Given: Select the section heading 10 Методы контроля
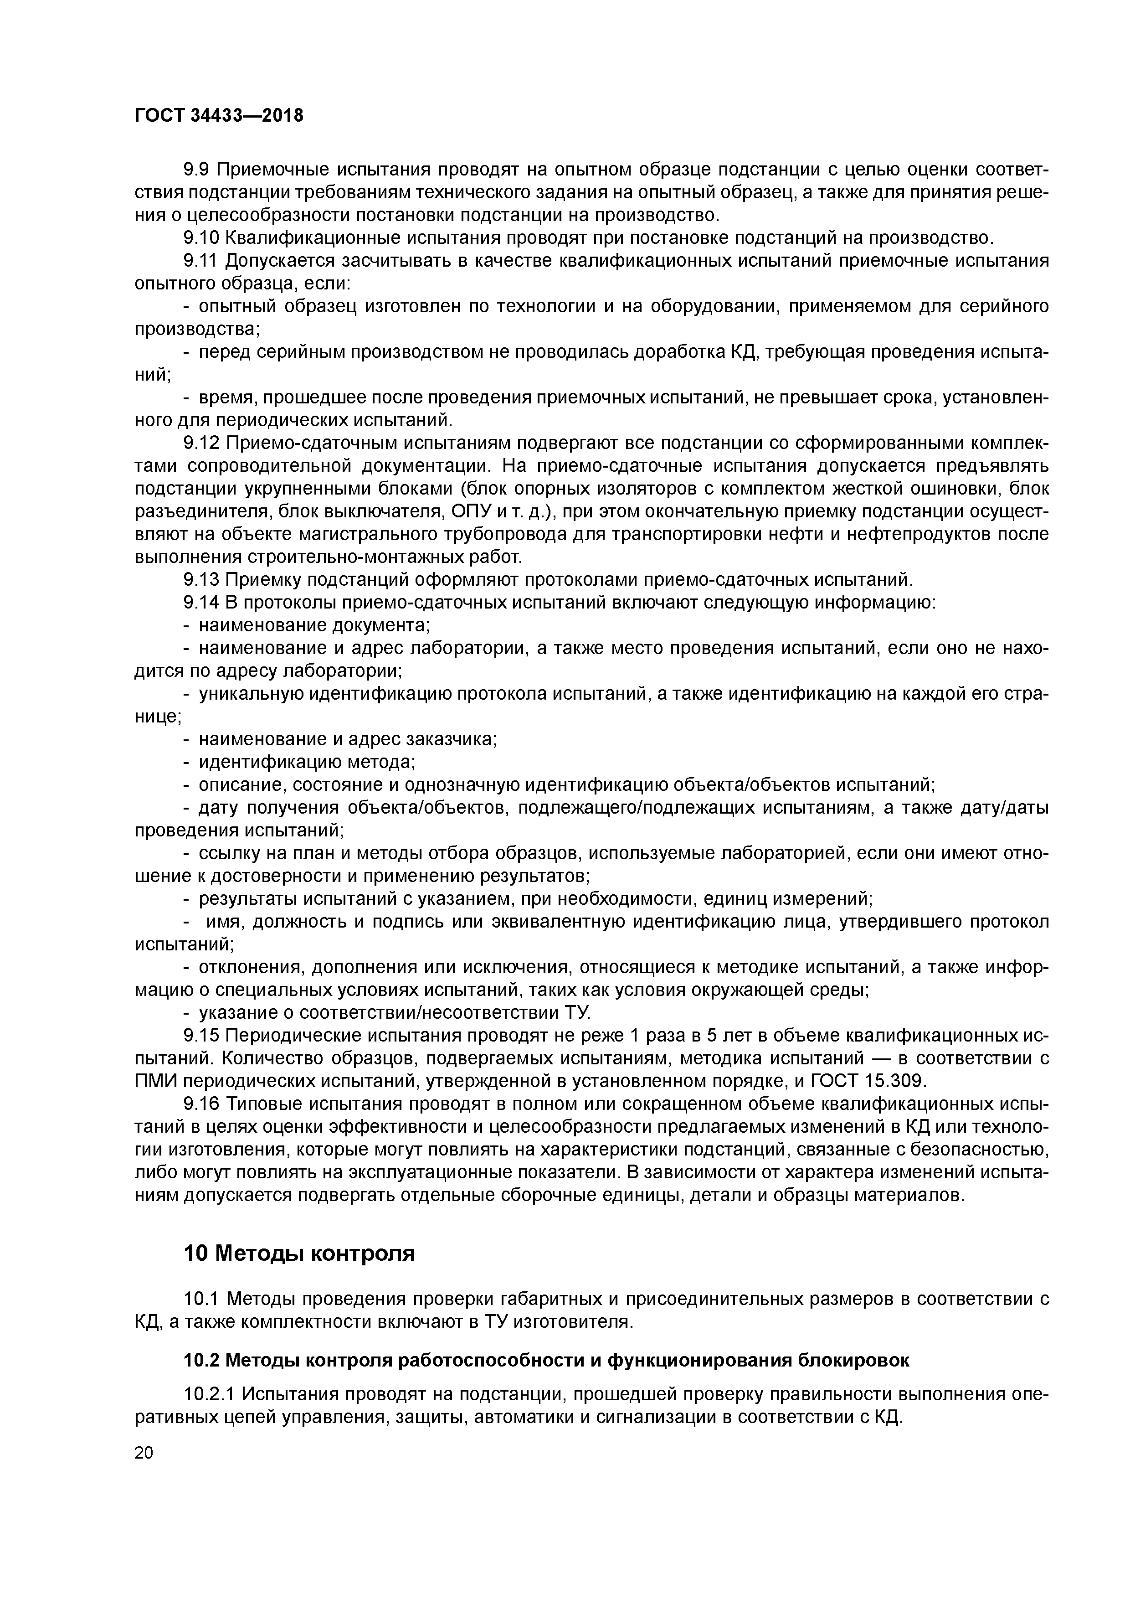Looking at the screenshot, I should [299, 1253].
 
